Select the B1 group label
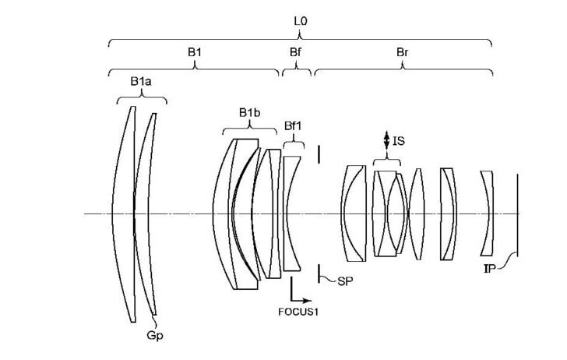coord(195,52)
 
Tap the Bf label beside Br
coord(295,52)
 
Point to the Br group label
coord(403,52)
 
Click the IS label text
coord(399,140)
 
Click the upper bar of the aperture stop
coord(319,154)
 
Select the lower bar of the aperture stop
coord(319,273)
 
